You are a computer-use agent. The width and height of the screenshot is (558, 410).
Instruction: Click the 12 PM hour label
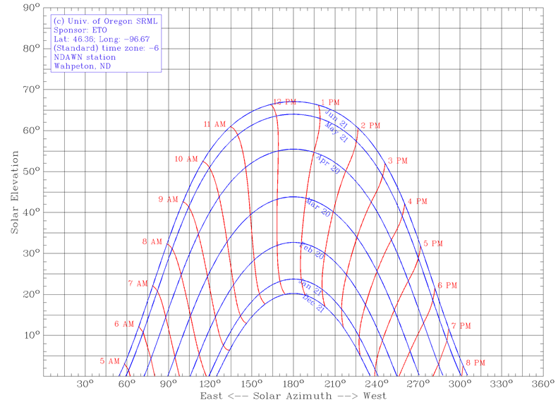(x=285, y=102)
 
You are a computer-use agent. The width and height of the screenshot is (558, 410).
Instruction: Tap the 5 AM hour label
(x=110, y=361)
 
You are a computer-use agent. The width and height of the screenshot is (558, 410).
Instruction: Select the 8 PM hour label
(x=475, y=363)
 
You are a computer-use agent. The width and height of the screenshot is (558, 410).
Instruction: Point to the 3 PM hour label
(x=398, y=161)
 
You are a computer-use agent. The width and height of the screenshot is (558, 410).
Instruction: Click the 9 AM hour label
(x=169, y=200)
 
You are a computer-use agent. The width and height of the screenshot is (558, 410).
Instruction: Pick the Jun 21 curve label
(x=336, y=117)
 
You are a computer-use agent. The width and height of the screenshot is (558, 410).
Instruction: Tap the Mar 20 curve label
(x=318, y=208)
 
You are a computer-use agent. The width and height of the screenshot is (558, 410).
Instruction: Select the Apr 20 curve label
(x=327, y=164)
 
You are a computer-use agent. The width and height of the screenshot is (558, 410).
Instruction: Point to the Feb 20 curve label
(x=311, y=251)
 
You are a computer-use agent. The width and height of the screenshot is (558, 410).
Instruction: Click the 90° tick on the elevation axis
(x=30, y=8)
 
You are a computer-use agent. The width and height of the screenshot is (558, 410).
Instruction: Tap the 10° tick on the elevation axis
(x=30, y=335)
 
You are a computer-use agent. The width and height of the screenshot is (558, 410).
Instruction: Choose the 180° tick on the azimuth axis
(x=293, y=385)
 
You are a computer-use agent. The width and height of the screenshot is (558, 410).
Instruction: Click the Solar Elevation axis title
(x=14, y=192)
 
